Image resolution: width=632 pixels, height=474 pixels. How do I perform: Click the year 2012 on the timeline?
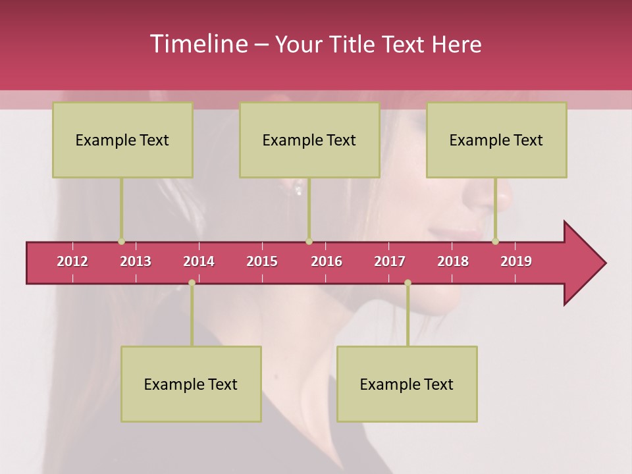point(72,261)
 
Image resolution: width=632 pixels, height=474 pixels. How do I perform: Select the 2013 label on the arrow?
point(136,261)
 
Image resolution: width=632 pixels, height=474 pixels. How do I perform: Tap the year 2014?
point(199,261)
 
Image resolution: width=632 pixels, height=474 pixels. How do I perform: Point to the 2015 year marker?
point(262,261)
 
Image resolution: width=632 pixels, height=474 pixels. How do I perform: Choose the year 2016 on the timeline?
point(327,261)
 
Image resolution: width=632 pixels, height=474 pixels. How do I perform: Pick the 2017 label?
point(390,261)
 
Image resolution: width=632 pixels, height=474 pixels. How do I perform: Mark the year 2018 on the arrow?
point(453,261)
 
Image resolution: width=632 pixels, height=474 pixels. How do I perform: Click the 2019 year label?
point(516,261)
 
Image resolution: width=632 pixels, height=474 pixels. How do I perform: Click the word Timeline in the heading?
point(197,44)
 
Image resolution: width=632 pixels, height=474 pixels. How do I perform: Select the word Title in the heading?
point(355,45)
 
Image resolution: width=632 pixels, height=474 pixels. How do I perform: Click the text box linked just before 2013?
point(122,140)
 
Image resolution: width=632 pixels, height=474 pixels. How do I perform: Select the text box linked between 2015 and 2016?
point(309,140)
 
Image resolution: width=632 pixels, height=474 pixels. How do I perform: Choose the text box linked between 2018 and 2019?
point(496,140)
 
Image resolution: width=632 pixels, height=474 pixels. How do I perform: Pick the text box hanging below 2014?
point(191,384)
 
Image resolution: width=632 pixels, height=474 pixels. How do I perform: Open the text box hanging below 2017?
point(407,384)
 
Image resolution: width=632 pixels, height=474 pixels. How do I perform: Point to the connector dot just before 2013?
point(121,242)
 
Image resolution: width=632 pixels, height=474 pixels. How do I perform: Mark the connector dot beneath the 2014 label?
point(192,283)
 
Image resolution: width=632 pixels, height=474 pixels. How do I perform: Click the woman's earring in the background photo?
point(299,190)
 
